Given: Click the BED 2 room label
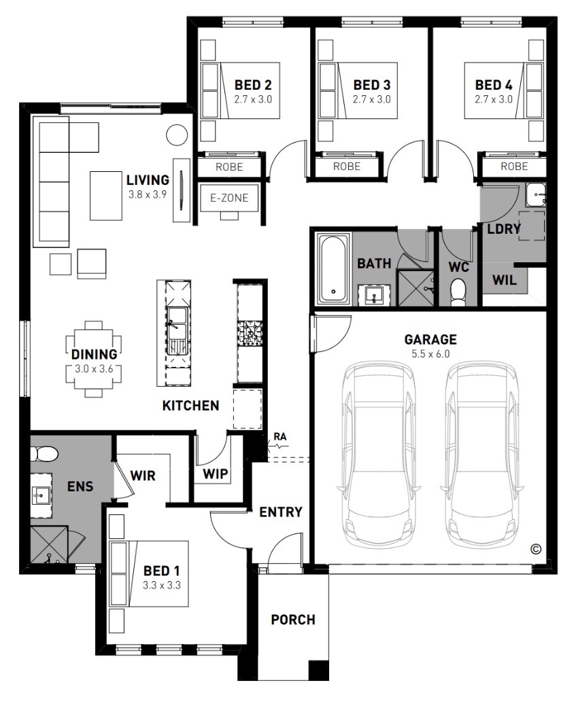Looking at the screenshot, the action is (x=253, y=85).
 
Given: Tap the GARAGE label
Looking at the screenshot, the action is (x=430, y=340).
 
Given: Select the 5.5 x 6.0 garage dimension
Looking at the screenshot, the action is (x=430, y=354).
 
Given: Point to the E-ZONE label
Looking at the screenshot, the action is (x=229, y=198).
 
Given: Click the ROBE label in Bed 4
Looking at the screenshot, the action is (x=514, y=166).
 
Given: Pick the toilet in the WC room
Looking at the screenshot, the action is (x=459, y=290).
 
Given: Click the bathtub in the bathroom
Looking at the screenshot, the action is (x=333, y=268).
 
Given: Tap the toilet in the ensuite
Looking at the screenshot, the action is (x=44, y=454).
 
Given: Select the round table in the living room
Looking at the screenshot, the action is (x=177, y=135).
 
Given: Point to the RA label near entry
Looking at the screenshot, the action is (x=280, y=436).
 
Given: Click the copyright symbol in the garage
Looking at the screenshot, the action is (x=535, y=548).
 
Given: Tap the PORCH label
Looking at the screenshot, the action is (x=293, y=620).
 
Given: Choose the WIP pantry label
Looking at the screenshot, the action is (x=215, y=474).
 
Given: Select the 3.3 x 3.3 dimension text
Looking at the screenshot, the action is (x=162, y=586).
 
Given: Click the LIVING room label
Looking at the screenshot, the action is (x=148, y=180).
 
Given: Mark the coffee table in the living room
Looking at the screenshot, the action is (x=106, y=196).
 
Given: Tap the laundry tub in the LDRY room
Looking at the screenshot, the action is (x=535, y=195).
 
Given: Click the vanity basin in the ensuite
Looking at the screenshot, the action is (x=41, y=495).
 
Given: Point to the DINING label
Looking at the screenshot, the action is (x=95, y=354).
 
